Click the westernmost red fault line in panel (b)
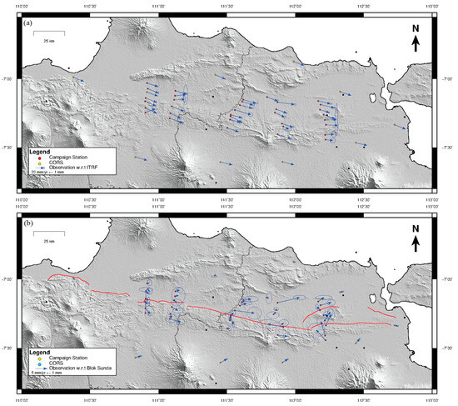[x=67, y=278]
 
